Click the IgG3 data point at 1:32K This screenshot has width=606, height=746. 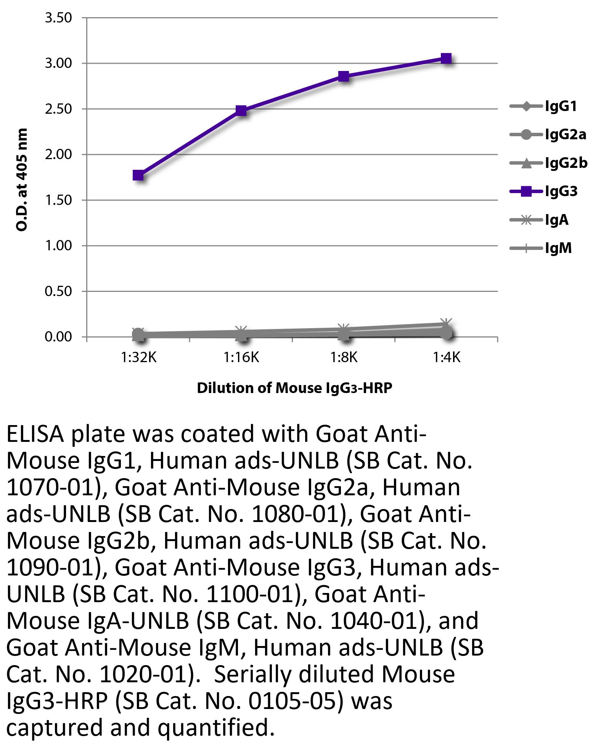pyautogui.click(x=138, y=176)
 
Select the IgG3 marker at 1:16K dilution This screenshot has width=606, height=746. pyautogui.click(x=241, y=111)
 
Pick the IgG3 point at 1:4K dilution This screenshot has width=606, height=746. pyautogui.click(x=446, y=59)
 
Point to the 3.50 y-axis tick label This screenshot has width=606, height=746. pyautogui.click(x=58, y=18)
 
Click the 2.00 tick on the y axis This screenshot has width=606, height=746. pyautogui.click(x=58, y=155)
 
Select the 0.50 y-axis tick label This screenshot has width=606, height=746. pyautogui.click(x=58, y=292)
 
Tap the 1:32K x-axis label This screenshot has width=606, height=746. pyautogui.click(x=139, y=358)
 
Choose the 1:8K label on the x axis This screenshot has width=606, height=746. pyautogui.click(x=344, y=358)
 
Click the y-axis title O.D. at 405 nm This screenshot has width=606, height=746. pyautogui.click(x=22, y=179)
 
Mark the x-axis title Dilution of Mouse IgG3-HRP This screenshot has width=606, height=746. pyautogui.click(x=294, y=388)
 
